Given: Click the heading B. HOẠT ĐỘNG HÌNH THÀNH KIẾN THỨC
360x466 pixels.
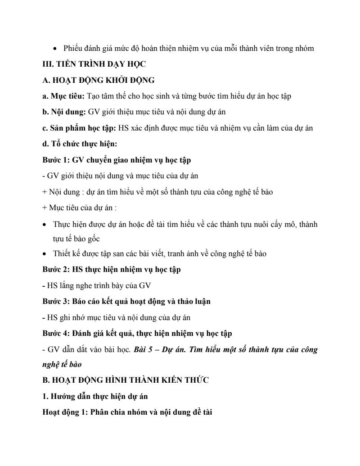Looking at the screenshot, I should (x=125, y=380).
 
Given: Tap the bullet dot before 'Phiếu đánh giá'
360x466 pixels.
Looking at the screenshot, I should (x=55, y=49).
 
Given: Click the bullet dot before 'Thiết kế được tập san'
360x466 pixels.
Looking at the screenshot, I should (x=45, y=254).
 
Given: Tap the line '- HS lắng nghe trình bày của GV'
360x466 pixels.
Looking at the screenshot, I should (x=96, y=285).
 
